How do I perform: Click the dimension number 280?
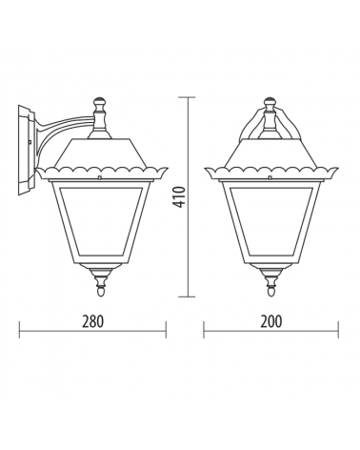pyautogui.click(x=92, y=321)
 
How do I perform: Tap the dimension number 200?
pyautogui.click(x=271, y=321)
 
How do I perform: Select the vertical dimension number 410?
pyautogui.click(x=180, y=197)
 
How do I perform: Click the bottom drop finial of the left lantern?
pyautogui.click(x=101, y=283)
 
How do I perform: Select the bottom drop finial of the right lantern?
pyautogui.click(x=271, y=283)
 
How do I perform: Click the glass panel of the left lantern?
pyautogui.click(x=101, y=218)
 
